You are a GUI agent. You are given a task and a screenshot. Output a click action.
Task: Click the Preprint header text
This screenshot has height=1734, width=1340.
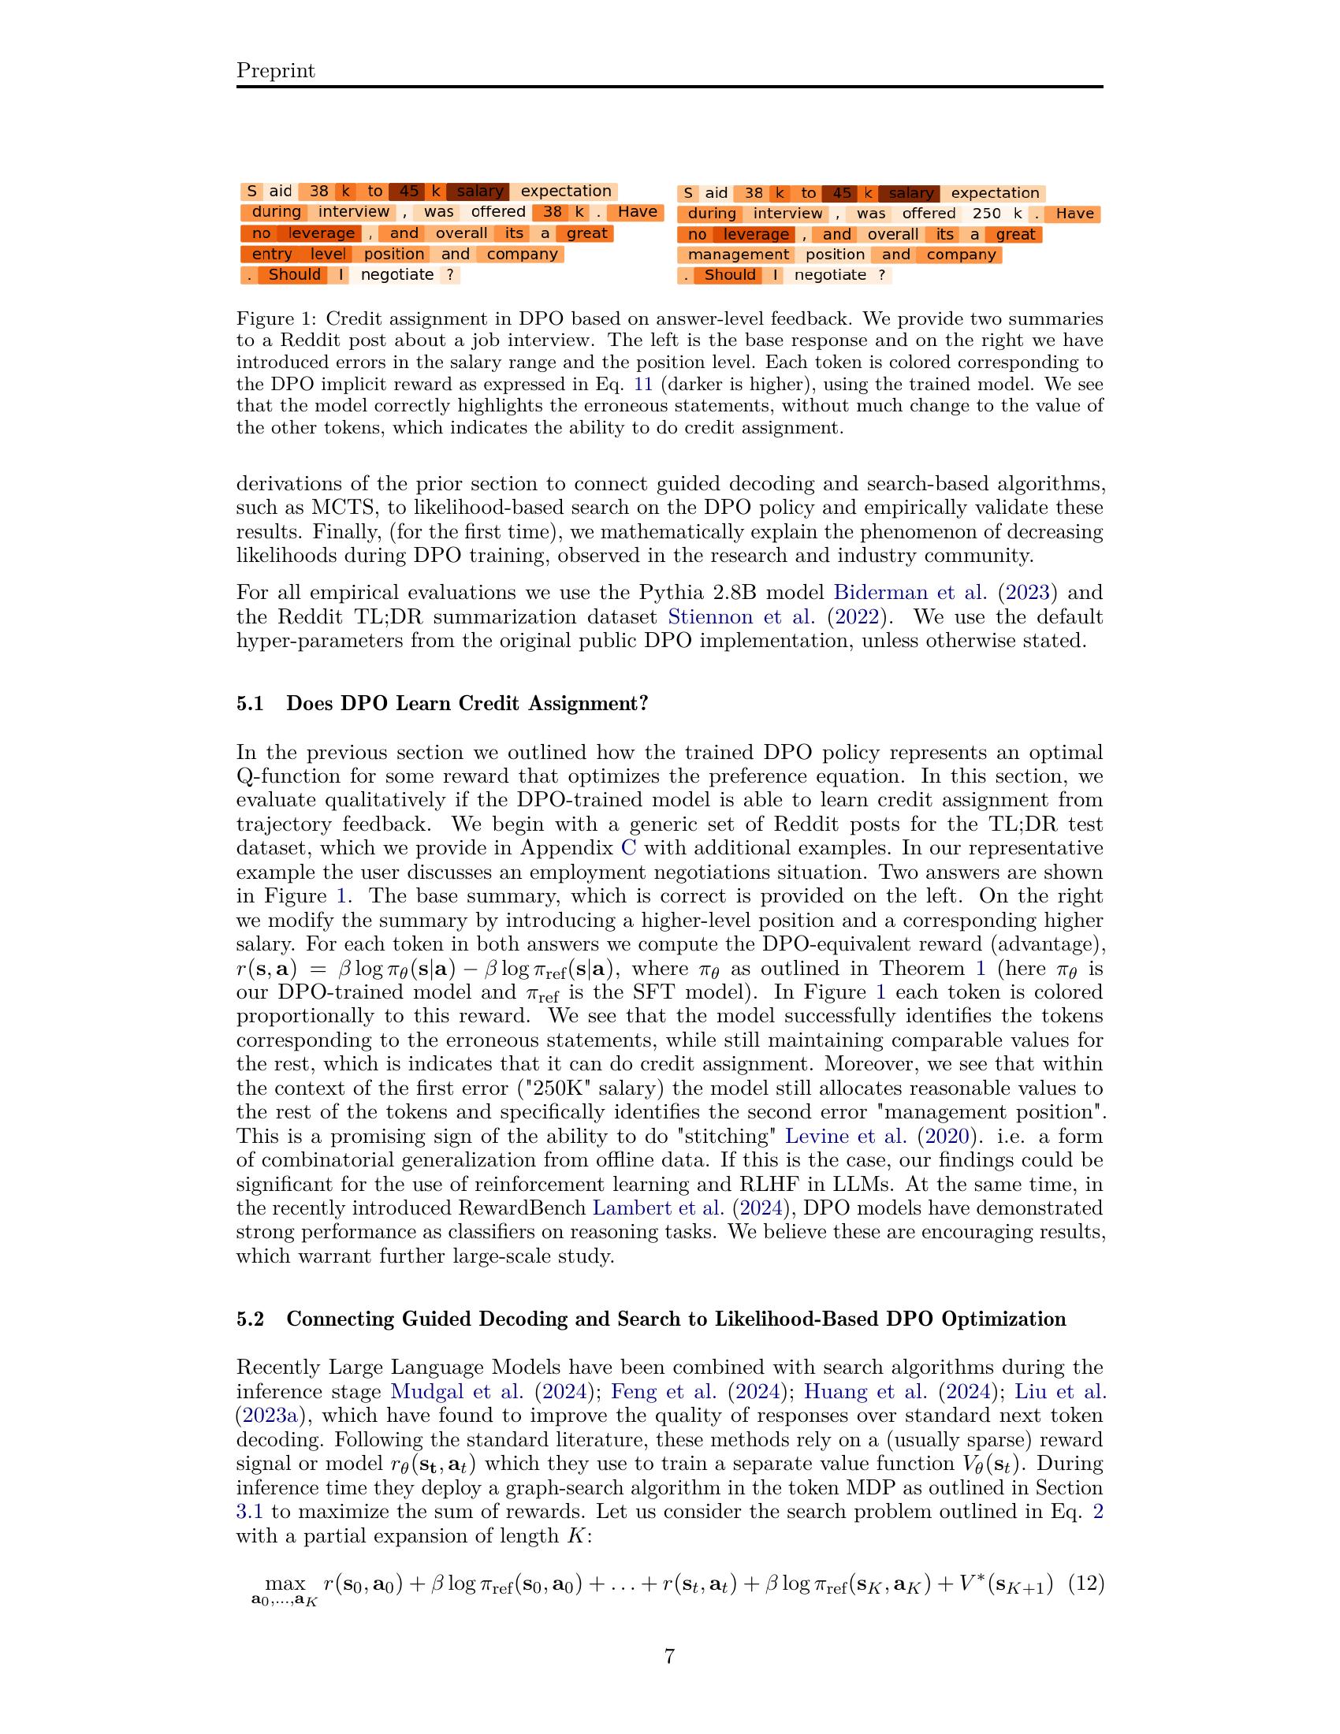[275, 71]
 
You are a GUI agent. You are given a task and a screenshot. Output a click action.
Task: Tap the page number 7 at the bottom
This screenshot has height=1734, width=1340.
[669, 1656]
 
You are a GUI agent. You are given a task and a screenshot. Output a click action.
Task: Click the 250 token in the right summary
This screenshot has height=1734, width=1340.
[987, 214]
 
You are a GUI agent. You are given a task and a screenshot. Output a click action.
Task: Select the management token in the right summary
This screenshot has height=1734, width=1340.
[739, 255]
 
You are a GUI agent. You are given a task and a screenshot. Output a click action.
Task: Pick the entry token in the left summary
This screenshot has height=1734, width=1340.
[271, 254]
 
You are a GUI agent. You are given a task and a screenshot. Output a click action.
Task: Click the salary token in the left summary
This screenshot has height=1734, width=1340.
[479, 192]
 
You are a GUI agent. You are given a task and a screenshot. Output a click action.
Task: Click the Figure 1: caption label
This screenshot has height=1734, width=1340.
[277, 319]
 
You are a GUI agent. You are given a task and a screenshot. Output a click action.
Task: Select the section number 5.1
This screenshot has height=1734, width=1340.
[249, 703]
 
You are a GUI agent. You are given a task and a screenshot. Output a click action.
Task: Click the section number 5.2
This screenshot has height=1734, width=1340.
[249, 1319]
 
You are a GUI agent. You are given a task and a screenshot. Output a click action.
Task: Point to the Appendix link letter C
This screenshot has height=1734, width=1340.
[628, 848]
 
